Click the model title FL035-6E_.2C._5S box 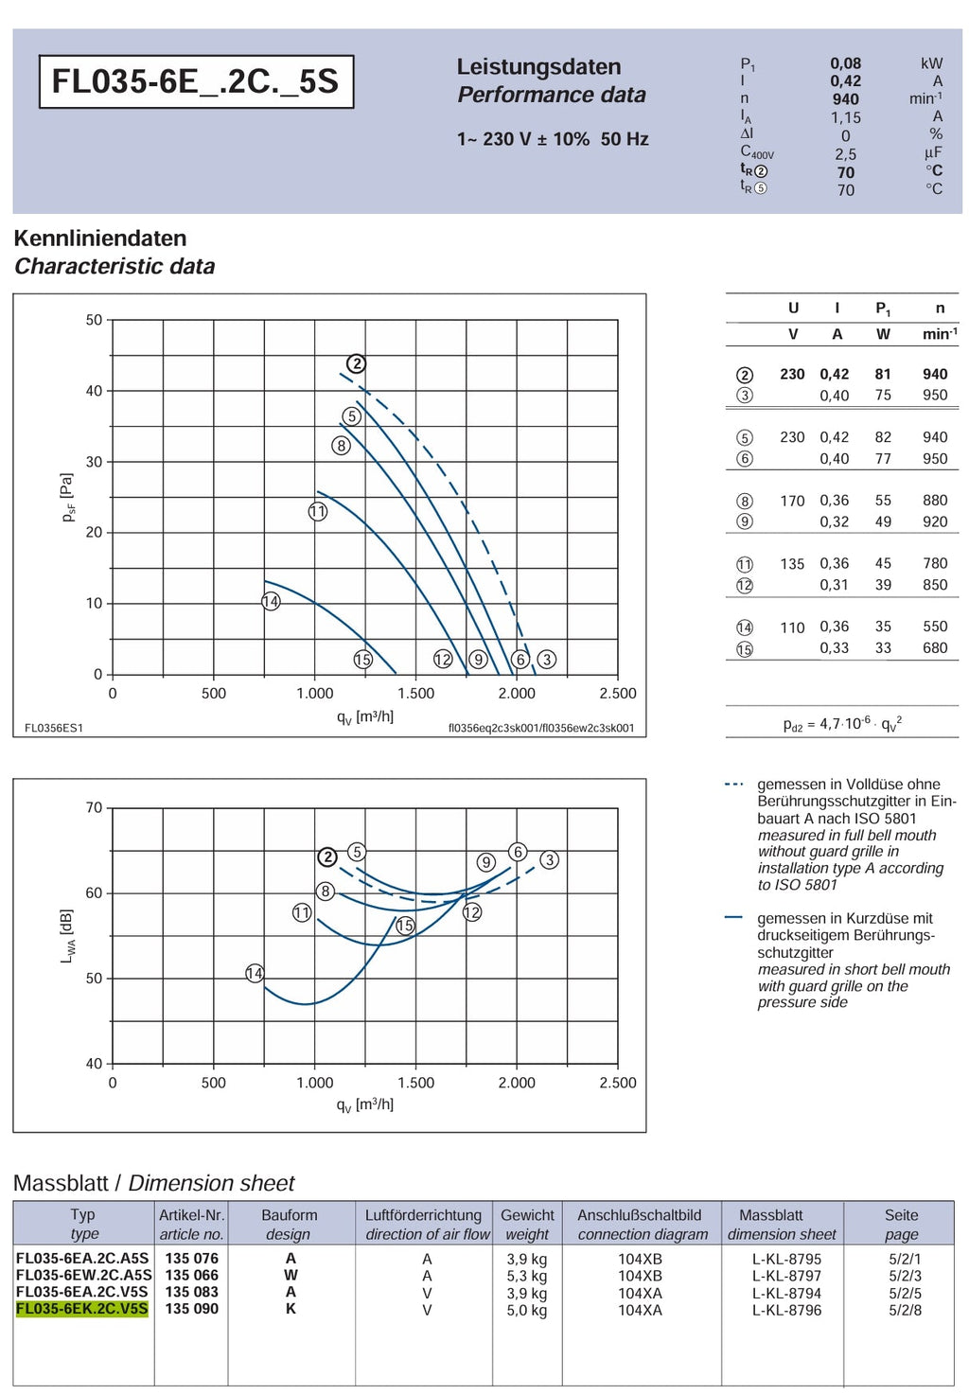tap(196, 81)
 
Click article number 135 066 tap(192, 1275)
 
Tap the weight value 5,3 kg tap(527, 1276)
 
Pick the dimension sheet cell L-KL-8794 tap(786, 1292)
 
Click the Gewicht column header tap(527, 1214)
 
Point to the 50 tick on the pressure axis tap(94, 320)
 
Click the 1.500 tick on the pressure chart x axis tap(416, 693)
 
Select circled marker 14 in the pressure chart tap(271, 602)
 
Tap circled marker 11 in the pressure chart tap(318, 512)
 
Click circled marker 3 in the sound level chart tap(549, 860)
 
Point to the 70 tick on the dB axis tap(94, 807)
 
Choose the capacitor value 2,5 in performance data tap(845, 154)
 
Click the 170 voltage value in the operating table tap(792, 501)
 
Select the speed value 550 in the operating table tap(935, 627)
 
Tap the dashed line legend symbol tap(734, 784)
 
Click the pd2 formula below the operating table tap(842, 724)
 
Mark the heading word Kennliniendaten tap(100, 238)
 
